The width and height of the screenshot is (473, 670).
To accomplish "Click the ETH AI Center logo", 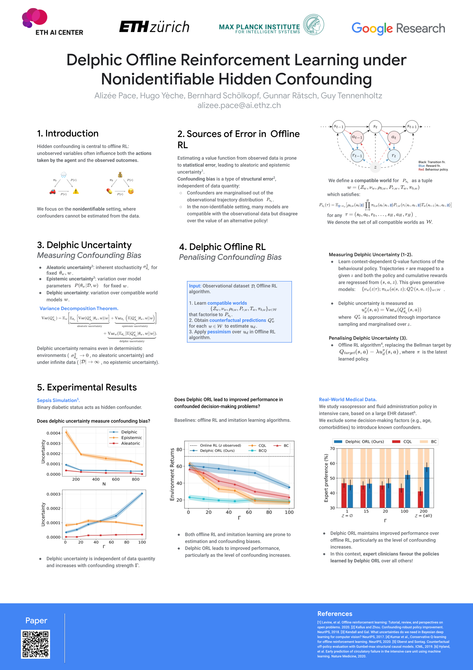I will click(x=53, y=22).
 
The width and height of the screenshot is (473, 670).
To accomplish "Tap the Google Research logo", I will click(x=398, y=28).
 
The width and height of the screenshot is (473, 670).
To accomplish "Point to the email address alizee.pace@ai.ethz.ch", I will click(x=239, y=105).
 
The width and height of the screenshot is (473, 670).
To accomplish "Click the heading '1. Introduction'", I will click(x=68, y=133).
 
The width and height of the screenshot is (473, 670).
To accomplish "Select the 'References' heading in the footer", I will click(x=335, y=613).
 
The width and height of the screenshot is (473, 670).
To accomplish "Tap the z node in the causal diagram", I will click(x=375, y=167).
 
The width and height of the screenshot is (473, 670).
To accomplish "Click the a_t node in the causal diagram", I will click(x=394, y=137).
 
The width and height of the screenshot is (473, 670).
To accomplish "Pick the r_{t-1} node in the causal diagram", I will click(x=357, y=155).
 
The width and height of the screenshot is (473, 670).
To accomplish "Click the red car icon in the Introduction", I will click(x=53, y=191).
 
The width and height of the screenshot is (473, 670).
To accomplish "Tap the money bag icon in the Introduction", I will click(x=120, y=175).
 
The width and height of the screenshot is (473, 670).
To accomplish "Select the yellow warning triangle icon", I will click(x=76, y=191).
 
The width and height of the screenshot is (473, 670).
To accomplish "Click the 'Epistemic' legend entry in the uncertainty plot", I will click(x=131, y=437).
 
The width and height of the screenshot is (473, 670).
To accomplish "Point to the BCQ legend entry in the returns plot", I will click(x=262, y=451).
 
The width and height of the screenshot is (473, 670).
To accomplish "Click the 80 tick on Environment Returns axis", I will click(x=179, y=449).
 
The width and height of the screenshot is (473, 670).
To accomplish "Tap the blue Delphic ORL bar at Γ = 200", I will click(x=427, y=487).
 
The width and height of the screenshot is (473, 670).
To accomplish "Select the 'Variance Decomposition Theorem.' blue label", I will click(x=79, y=308).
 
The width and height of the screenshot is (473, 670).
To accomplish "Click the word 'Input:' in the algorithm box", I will click(x=195, y=286).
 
